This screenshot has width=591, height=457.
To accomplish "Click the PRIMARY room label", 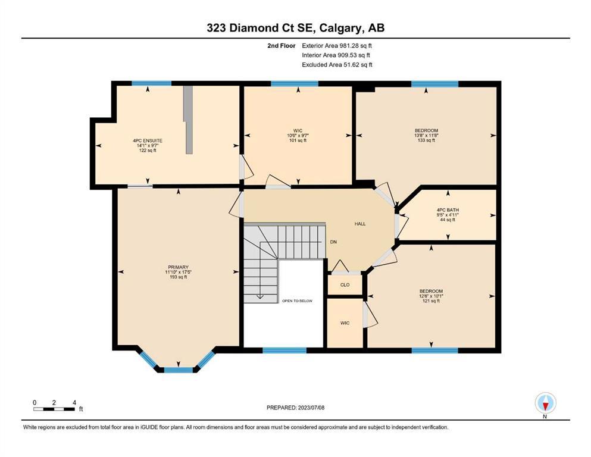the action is tap(178, 267).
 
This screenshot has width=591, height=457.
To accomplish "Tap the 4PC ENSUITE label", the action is tap(148, 140).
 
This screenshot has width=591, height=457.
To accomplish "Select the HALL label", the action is tap(360, 224).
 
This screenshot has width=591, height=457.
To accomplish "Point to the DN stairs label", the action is tap(333, 242).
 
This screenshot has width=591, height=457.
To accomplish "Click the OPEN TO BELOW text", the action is tap(298, 301).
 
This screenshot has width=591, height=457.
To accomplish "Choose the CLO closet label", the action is tap(345, 285).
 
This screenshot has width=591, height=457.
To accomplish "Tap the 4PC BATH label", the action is tap(448, 210).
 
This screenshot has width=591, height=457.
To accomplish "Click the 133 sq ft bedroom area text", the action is tap(426, 140).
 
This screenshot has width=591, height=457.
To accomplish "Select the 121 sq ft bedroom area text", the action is tap(431, 301).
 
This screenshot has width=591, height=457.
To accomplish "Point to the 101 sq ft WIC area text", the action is tap(298, 140).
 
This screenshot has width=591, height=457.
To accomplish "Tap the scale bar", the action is tap(54, 409).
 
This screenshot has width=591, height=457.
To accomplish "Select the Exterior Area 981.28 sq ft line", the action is tap(337, 46).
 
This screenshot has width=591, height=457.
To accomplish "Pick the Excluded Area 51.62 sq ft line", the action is tap(337, 64).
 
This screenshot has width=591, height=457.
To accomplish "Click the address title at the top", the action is tap(295, 28).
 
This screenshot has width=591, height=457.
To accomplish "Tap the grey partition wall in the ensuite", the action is tap(188, 120).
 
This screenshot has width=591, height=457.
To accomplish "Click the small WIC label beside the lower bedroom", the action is tap(345, 323).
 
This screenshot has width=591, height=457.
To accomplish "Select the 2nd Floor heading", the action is tap(281, 46).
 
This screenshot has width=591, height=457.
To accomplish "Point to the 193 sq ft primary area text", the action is tap(179, 277).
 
